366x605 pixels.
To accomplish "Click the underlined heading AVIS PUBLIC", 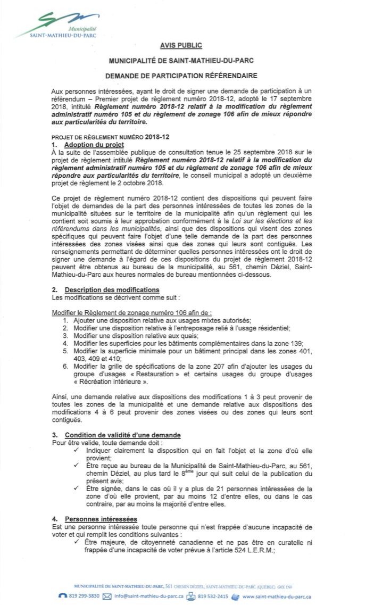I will (181, 46).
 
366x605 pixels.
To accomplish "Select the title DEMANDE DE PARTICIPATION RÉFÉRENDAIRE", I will (181, 76).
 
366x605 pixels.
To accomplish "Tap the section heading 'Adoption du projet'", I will (94, 145).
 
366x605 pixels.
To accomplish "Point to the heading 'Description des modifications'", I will (112, 290).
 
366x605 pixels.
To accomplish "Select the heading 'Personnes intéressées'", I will (101, 519).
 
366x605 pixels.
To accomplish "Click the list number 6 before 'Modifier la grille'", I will (65, 367).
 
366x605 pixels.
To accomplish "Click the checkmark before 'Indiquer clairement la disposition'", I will (78, 450).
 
